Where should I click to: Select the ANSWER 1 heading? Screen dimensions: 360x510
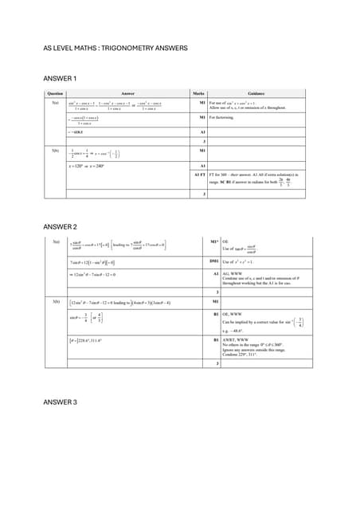pos(59,78)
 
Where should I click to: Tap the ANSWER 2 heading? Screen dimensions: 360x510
pos(60,227)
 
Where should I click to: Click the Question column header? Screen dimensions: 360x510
pos(56,93)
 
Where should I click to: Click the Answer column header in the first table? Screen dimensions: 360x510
pos(126,93)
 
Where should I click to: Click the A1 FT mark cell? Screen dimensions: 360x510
pos(199,174)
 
